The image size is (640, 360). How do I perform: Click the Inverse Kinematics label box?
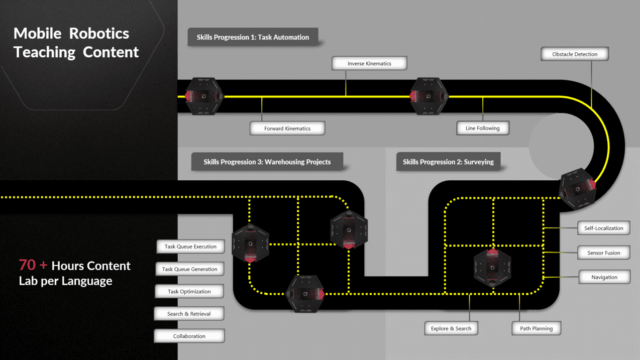pyautogui.click(x=369, y=63)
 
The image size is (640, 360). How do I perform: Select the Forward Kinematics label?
pyautogui.click(x=287, y=128)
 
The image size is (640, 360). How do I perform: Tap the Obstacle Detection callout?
pyautogui.click(x=575, y=54)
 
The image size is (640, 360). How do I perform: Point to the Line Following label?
pyautogui.click(x=483, y=128)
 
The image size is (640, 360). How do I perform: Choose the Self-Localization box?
pyautogui.click(x=603, y=228)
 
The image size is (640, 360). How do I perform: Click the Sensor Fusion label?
pyautogui.click(x=603, y=253)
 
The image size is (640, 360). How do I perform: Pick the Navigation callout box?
pyautogui.click(x=604, y=277)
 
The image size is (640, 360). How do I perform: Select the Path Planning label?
pyautogui.click(x=536, y=328)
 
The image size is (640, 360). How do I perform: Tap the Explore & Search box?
pyautogui.click(x=451, y=328)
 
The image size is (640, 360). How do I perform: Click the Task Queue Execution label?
pyautogui.click(x=190, y=247)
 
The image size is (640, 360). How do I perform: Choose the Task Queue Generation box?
pyautogui.click(x=189, y=269)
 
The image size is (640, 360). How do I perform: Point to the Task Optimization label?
pyautogui.click(x=189, y=291)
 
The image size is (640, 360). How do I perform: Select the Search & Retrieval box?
pyautogui.click(x=189, y=314)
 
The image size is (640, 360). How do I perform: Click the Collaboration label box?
pyautogui.click(x=189, y=336)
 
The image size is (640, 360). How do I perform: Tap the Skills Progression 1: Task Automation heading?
pyautogui.click(x=253, y=37)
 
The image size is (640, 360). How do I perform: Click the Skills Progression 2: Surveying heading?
pyautogui.click(x=448, y=162)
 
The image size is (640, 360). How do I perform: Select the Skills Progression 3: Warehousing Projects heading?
pyautogui.click(x=267, y=162)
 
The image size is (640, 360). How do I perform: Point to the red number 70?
pyautogui.click(x=27, y=265)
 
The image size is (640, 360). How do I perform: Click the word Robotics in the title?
pyautogui.click(x=99, y=34)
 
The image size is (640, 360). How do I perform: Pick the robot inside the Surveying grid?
pyautogui.click(x=492, y=267)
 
